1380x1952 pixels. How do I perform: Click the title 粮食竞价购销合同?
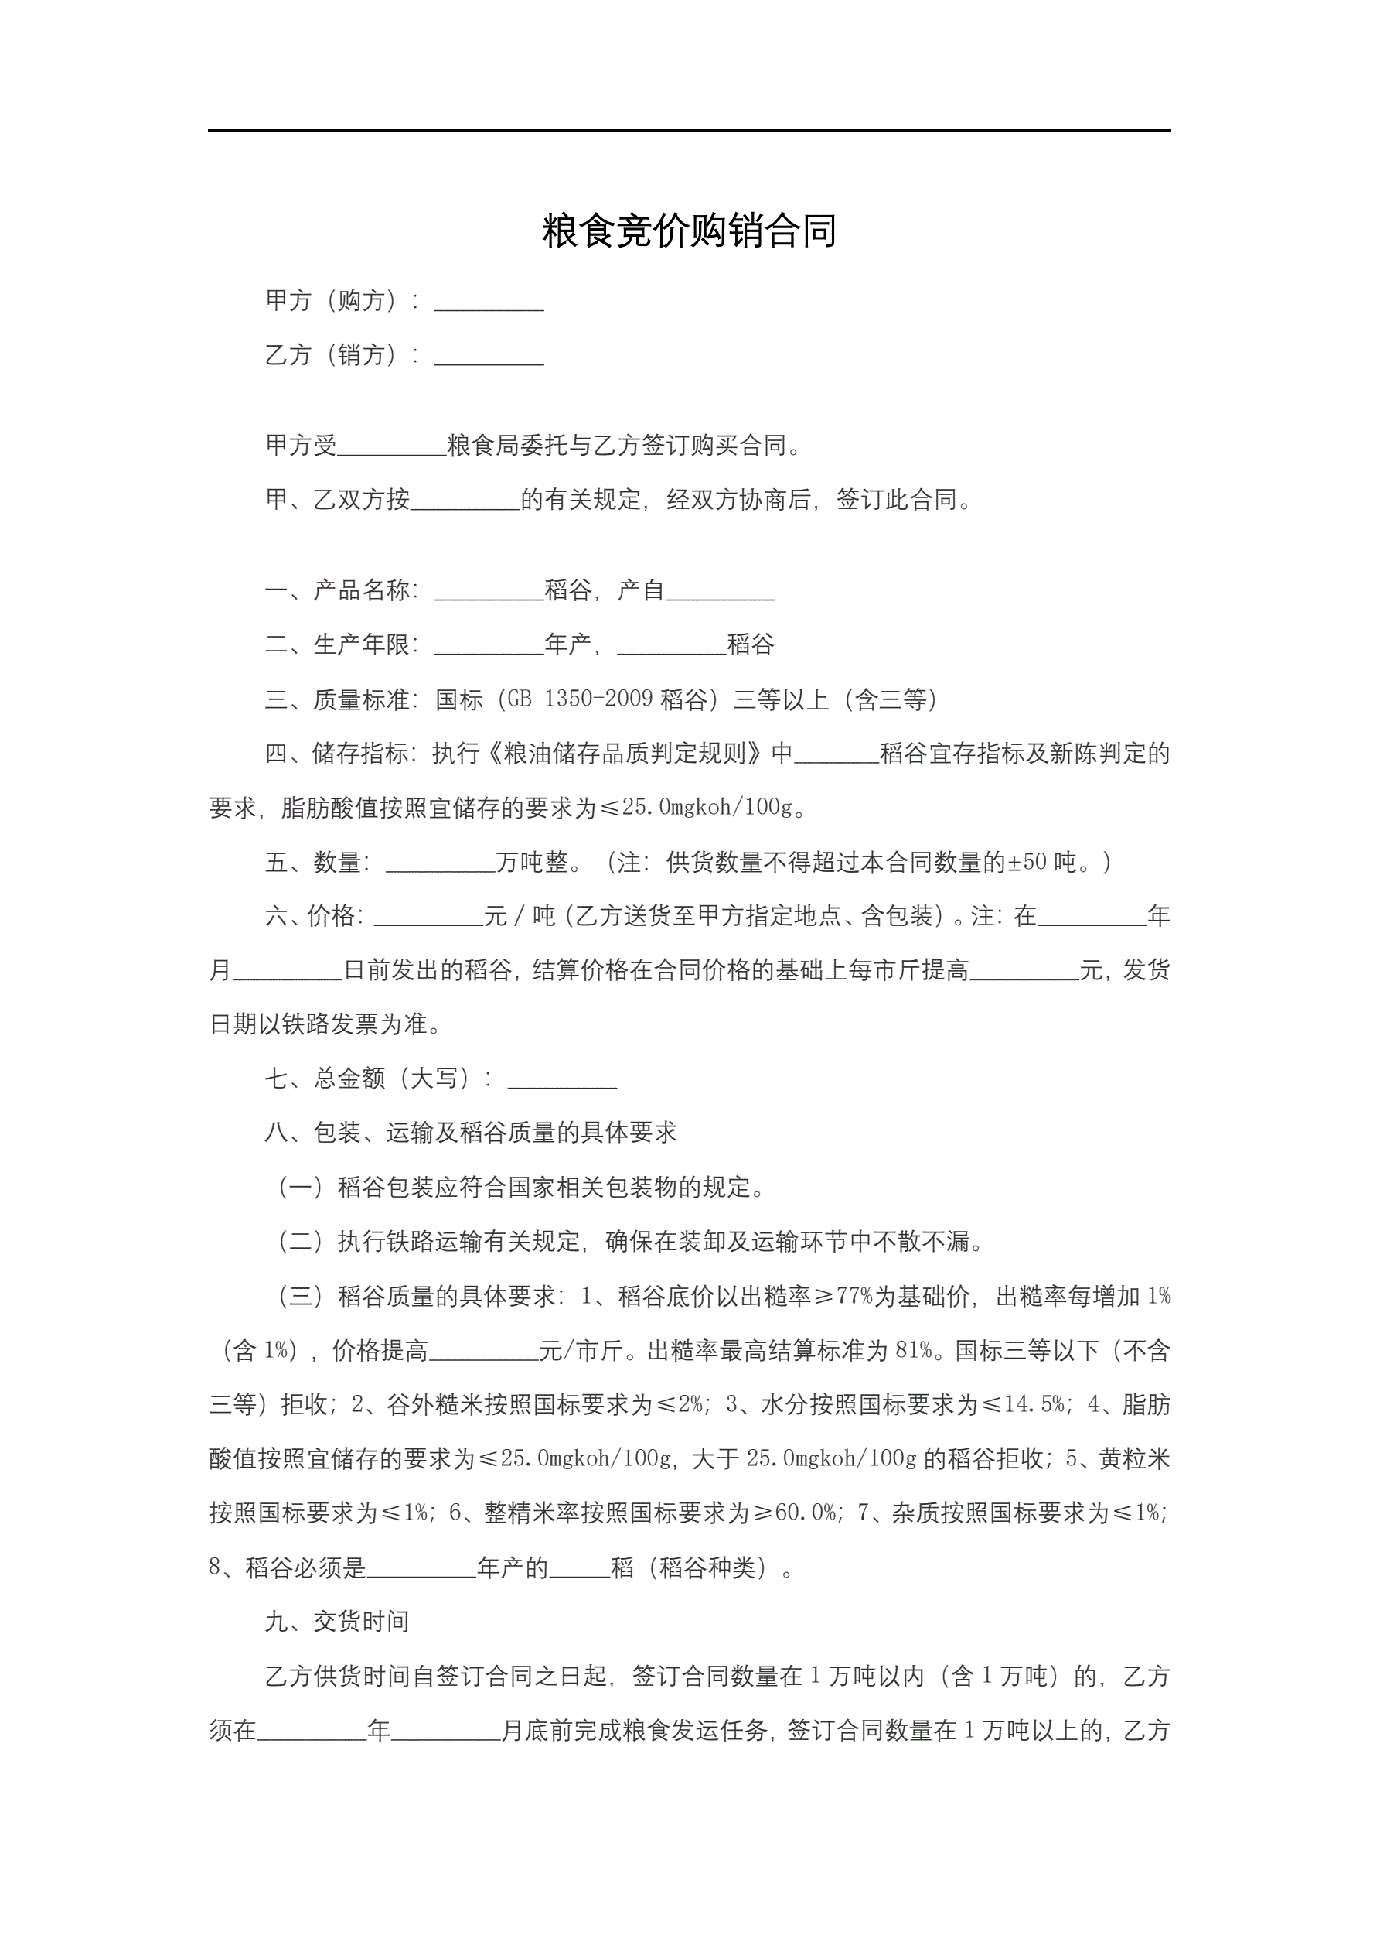(689, 231)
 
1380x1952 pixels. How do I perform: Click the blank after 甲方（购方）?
(489, 303)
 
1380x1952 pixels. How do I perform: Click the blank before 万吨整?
(440, 863)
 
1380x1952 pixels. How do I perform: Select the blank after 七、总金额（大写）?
(562, 1081)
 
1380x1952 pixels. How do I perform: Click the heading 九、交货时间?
(337, 1622)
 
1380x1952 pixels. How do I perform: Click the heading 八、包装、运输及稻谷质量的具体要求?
(471, 1133)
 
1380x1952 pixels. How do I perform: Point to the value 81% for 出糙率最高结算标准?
(914, 1351)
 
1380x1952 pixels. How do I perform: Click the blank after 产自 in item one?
(720, 593)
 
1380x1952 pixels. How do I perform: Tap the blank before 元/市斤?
(483, 1352)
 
